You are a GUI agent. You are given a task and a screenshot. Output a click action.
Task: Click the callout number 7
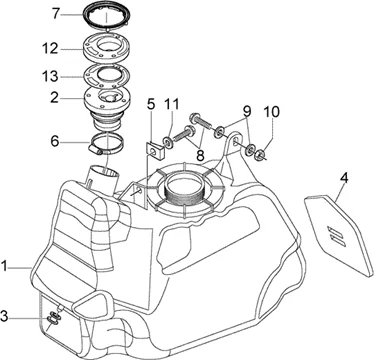[55, 14]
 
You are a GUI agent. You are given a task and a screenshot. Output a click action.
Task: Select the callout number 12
[50, 49]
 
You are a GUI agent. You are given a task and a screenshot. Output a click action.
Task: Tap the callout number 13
[50, 76]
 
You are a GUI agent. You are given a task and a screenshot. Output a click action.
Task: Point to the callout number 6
[55, 141]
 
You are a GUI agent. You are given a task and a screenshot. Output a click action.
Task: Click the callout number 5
[151, 104]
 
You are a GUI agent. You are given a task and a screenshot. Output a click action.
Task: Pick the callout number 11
[171, 104]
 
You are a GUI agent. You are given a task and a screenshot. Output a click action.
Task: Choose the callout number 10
[272, 112]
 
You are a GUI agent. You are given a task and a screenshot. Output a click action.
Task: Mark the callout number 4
[344, 178]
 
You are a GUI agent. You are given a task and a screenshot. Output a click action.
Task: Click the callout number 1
[4, 266]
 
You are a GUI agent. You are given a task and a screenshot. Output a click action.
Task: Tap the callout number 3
[4, 316]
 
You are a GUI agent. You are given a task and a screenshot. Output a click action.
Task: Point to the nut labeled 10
[259, 154]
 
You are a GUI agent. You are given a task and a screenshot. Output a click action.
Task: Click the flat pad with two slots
[338, 235]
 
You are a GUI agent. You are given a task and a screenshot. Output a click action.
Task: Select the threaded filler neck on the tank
[184, 192]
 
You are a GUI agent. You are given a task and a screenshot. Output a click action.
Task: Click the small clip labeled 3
[53, 318]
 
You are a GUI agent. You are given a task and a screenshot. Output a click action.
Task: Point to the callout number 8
[200, 156]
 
